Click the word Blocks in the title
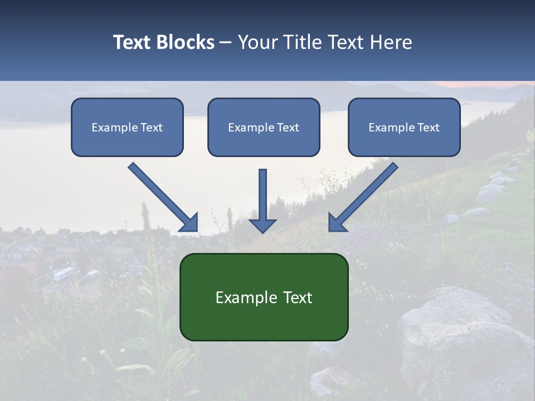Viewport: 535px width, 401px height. click(186, 42)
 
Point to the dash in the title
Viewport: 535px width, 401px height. click(226, 43)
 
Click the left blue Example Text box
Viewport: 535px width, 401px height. click(127, 127)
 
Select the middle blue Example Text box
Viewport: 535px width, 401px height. click(264, 127)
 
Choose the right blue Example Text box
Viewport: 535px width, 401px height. click(404, 127)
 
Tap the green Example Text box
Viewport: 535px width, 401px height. click(264, 297)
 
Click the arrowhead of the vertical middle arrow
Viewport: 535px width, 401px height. click(262, 225)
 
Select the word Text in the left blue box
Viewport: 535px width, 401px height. click(152, 128)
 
